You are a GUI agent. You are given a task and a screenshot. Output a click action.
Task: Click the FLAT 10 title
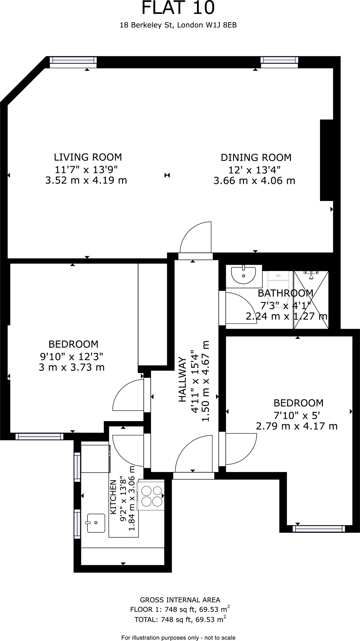pos(178,8)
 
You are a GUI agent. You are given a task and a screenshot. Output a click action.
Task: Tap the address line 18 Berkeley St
pos(178,25)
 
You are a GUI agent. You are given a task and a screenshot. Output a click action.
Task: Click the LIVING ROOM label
pos(88,157)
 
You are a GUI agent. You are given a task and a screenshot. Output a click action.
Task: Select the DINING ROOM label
pos(256,157)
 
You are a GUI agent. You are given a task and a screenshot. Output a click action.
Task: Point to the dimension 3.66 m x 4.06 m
pos(254,181)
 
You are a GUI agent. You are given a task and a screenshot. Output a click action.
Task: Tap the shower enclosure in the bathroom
pos(311,300)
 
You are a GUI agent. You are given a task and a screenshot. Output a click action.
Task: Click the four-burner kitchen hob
pos(152,496)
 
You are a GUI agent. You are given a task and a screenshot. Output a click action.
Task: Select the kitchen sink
pos(96,523)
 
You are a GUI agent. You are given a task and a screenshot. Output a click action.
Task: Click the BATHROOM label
pos(285,293)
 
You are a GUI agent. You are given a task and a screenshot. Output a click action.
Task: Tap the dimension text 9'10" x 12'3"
pos(71,356)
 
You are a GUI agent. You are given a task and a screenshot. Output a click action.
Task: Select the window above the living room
pos(73,62)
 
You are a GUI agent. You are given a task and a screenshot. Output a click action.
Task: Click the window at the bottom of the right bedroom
pos(319,529)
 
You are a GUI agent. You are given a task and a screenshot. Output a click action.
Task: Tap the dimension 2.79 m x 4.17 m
pos(297,426)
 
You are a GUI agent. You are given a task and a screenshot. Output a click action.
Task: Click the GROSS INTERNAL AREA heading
pos(180,600)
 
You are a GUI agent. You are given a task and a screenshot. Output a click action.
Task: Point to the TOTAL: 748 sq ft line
pos(180,619)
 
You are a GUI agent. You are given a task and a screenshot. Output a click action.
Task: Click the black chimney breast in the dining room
pos(326,160)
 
